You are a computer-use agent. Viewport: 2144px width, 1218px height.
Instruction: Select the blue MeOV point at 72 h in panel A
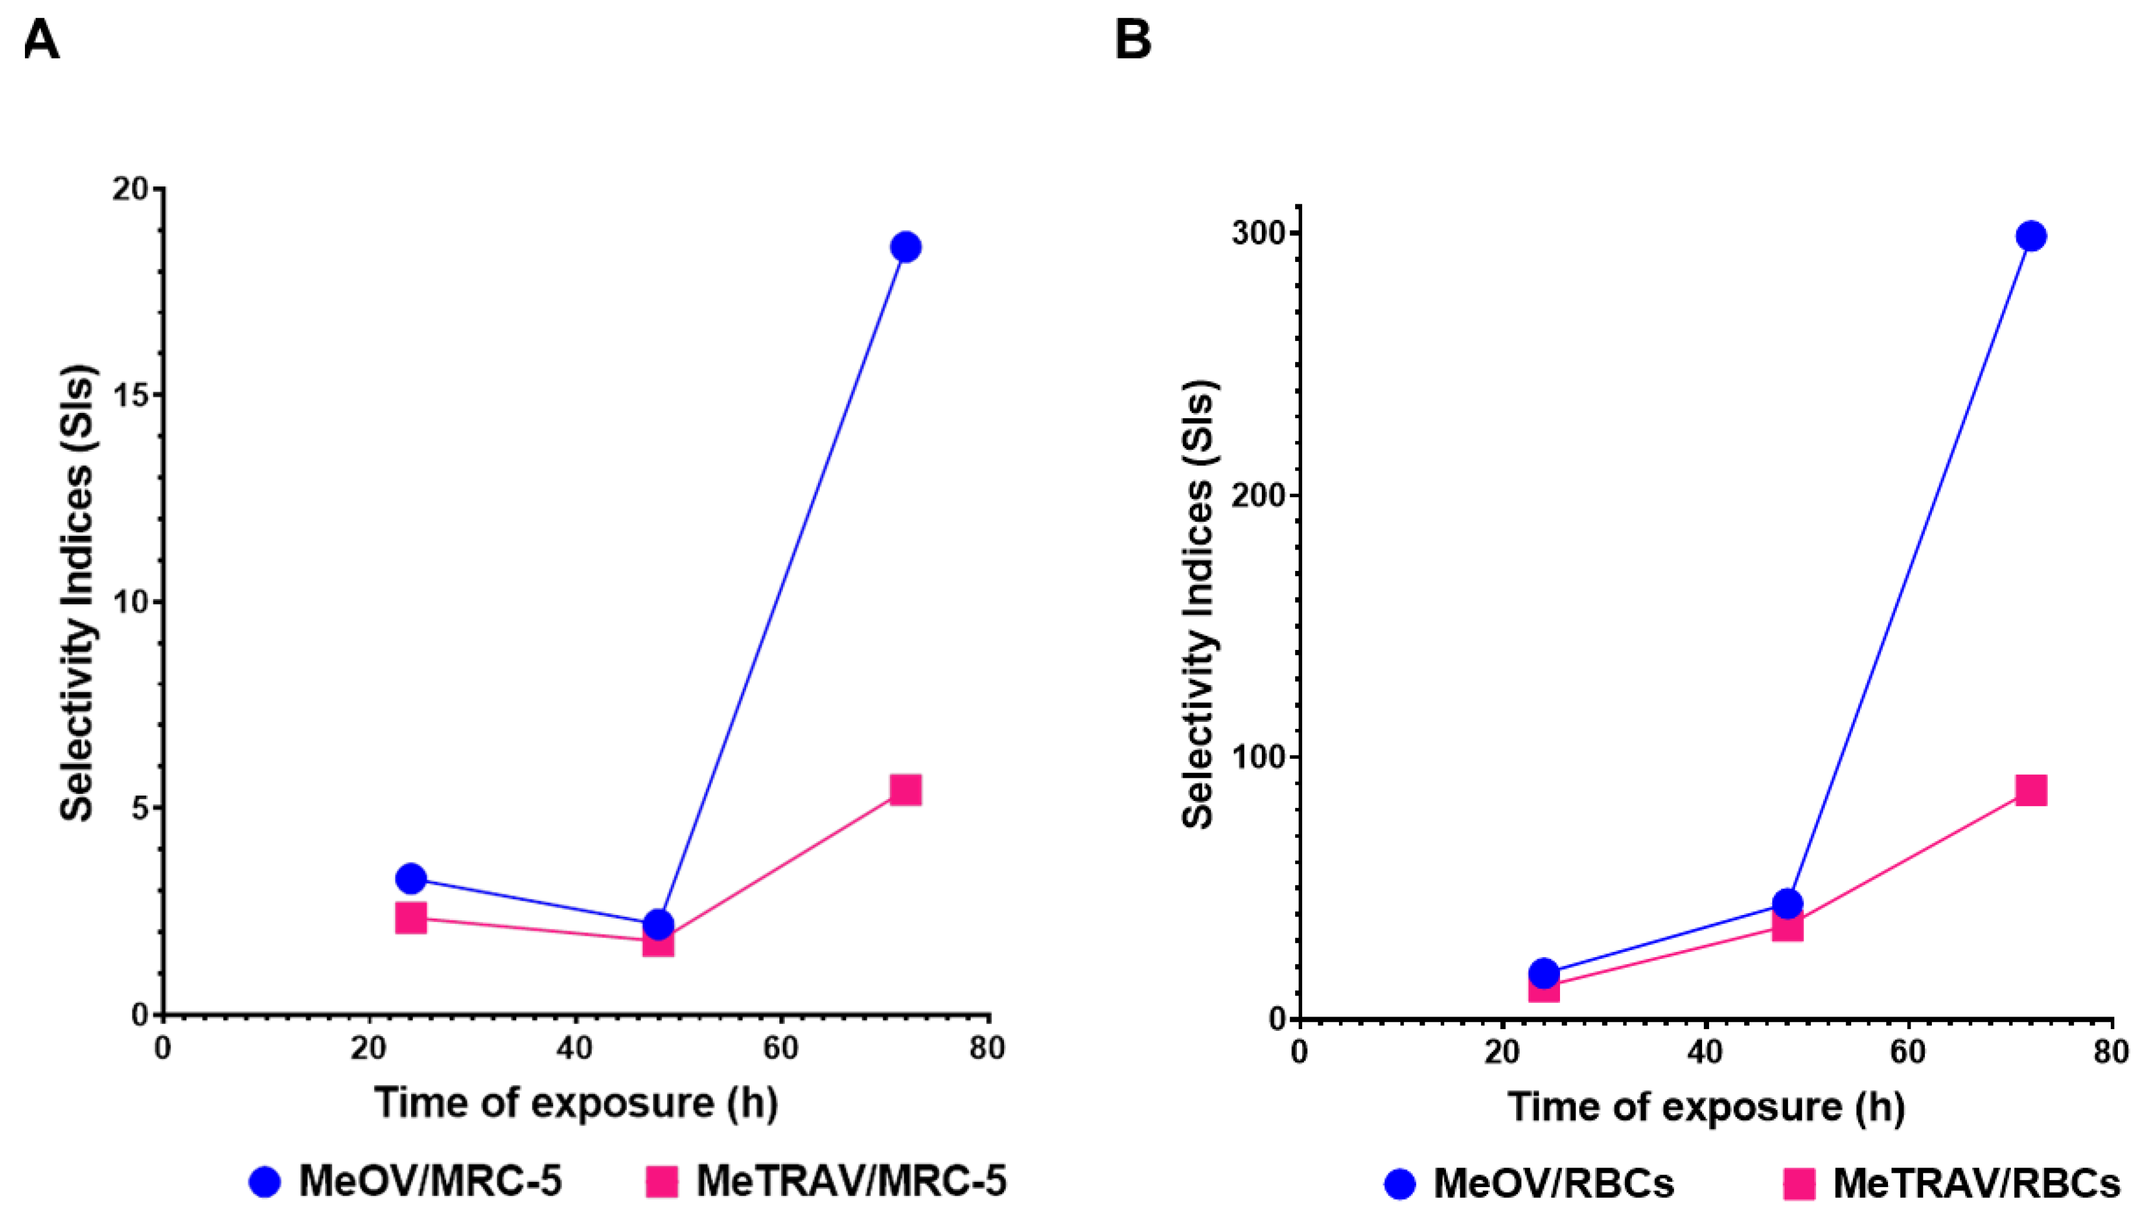[905, 247]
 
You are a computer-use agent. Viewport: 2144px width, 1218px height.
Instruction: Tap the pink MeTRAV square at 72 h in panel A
[905, 790]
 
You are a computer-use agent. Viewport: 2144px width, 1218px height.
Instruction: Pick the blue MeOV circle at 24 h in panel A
[411, 878]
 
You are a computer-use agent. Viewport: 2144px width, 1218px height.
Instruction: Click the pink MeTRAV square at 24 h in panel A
[411, 918]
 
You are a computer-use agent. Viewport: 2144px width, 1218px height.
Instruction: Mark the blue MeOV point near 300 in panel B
[2031, 236]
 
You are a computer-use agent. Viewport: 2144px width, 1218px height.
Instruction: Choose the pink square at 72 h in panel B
[2031, 790]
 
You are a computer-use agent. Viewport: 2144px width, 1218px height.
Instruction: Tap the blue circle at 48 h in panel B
[1787, 904]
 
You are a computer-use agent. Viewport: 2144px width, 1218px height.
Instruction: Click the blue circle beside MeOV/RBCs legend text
[1400, 1184]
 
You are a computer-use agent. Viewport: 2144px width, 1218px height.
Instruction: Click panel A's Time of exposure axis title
[576, 1103]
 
